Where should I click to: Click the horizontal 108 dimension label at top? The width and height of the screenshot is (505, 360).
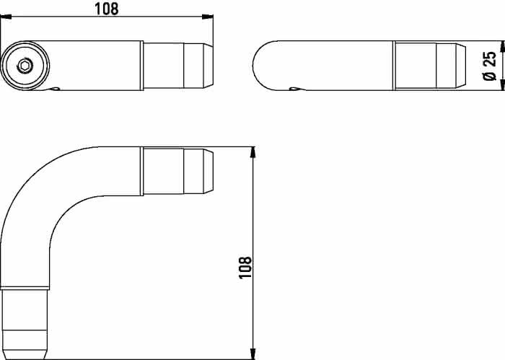point(106,9)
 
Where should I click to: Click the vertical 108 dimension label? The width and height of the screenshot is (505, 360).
point(245,267)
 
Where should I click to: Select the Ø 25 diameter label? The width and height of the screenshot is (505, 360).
point(490,66)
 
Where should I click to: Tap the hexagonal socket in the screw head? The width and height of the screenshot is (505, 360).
point(25,66)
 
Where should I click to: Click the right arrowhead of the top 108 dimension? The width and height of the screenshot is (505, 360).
point(208,17)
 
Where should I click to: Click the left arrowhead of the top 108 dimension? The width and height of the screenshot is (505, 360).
point(6,17)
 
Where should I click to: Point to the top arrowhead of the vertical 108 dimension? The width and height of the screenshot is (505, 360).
point(253,153)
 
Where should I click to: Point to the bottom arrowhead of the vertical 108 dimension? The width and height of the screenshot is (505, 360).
point(253,354)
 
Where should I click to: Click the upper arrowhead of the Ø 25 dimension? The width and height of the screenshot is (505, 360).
point(502,46)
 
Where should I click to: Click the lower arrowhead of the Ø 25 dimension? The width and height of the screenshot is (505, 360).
point(502,84)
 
